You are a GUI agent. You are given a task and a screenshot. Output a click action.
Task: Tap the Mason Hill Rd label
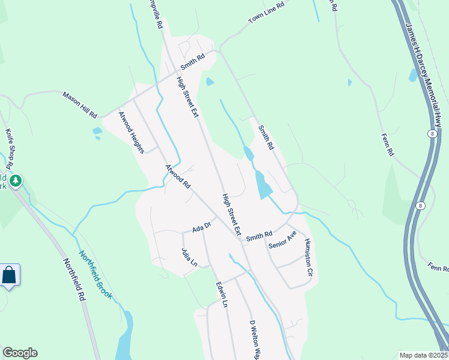tap(80, 103)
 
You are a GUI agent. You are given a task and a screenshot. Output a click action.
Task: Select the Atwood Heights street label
tap(131, 132)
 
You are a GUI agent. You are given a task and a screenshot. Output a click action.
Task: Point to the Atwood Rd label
tap(178, 177)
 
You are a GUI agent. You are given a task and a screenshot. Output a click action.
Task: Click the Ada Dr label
tap(202, 227)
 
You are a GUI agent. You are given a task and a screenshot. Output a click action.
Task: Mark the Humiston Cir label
tap(309, 257)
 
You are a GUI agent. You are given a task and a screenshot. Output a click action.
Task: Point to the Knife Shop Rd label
tap(10, 147)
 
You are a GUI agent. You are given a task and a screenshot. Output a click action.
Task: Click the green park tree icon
tap(15, 180)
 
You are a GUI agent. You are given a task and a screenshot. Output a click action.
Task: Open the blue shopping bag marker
tap(10, 276)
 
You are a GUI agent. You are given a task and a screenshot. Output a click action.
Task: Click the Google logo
tap(20, 353)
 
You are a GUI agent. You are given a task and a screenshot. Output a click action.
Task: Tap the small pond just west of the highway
tap(413, 75)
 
